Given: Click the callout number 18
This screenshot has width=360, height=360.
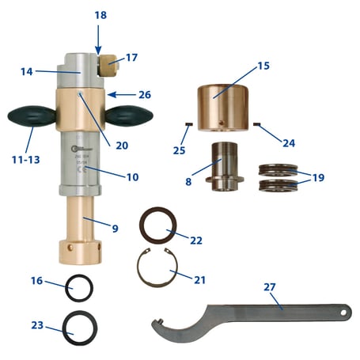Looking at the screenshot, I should click(99, 15).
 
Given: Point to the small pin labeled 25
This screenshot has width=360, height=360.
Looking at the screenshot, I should click(188, 124).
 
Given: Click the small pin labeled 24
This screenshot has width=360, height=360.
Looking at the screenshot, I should click(258, 123).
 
